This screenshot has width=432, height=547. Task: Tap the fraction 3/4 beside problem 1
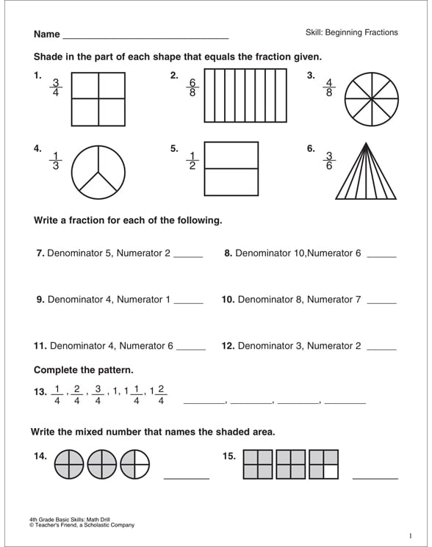[55, 88]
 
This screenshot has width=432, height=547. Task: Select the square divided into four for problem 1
[98, 98]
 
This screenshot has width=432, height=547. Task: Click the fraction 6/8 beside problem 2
[192, 88]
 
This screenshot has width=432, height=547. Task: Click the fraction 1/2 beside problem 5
[192, 160]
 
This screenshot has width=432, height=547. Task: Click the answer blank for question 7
[188, 256]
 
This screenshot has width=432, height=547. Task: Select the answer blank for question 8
[381, 256]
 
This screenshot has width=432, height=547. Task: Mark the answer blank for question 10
[381, 303]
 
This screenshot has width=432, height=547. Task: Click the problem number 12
[228, 346]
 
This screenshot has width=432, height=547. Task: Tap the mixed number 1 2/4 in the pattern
[157, 394]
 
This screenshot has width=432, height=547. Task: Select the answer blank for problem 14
[187, 477]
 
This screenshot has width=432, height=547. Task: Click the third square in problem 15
[323, 465]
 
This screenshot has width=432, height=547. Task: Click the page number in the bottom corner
[410, 535]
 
